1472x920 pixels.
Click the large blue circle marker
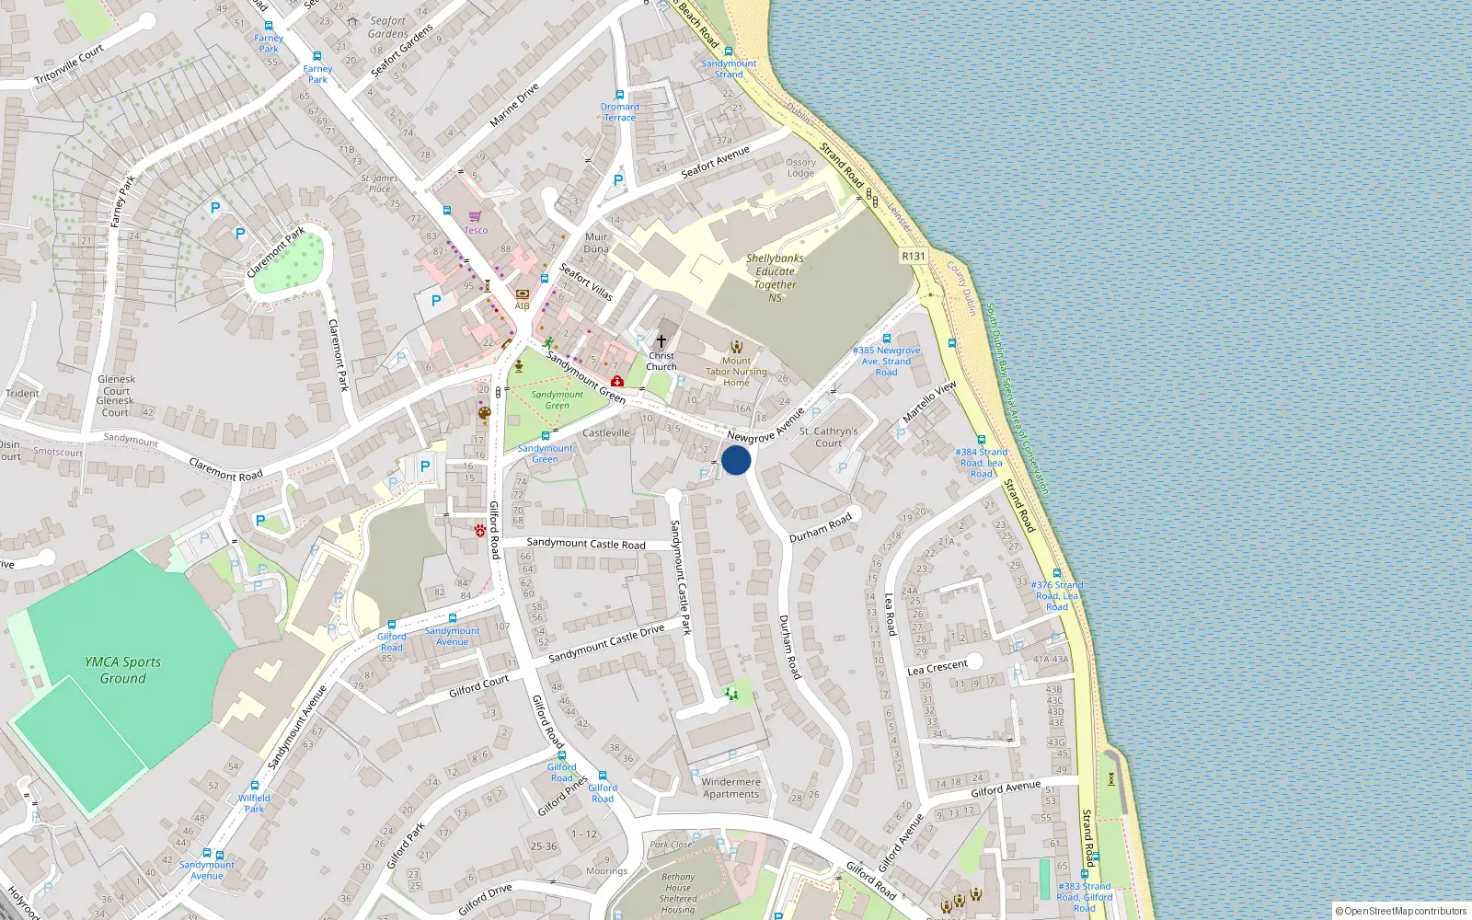[x=736, y=460]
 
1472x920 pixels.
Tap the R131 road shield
[x=914, y=257]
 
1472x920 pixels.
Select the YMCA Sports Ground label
[x=122, y=670]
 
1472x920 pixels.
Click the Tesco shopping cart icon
[x=475, y=217]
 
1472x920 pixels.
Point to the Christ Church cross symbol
[x=661, y=341]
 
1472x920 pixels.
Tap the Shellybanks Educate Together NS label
[x=775, y=278]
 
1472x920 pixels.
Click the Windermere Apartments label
[x=731, y=788]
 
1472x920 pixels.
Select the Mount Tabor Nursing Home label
[x=736, y=372]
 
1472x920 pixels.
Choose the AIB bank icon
[x=522, y=294]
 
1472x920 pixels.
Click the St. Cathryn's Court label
[x=828, y=437]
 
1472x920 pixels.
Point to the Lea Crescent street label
[x=937, y=668]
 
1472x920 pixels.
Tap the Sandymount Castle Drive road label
[x=606, y=643]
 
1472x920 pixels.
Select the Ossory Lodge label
[x=800, y=167]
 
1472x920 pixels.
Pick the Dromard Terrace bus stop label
[x=619, y=112]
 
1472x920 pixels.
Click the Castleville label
[x=606, y=433]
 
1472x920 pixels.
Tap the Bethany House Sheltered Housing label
[x=678, y=893]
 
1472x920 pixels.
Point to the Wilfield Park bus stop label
[x=254, y=803]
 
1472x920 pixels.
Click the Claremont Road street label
[x=225, y=469]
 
